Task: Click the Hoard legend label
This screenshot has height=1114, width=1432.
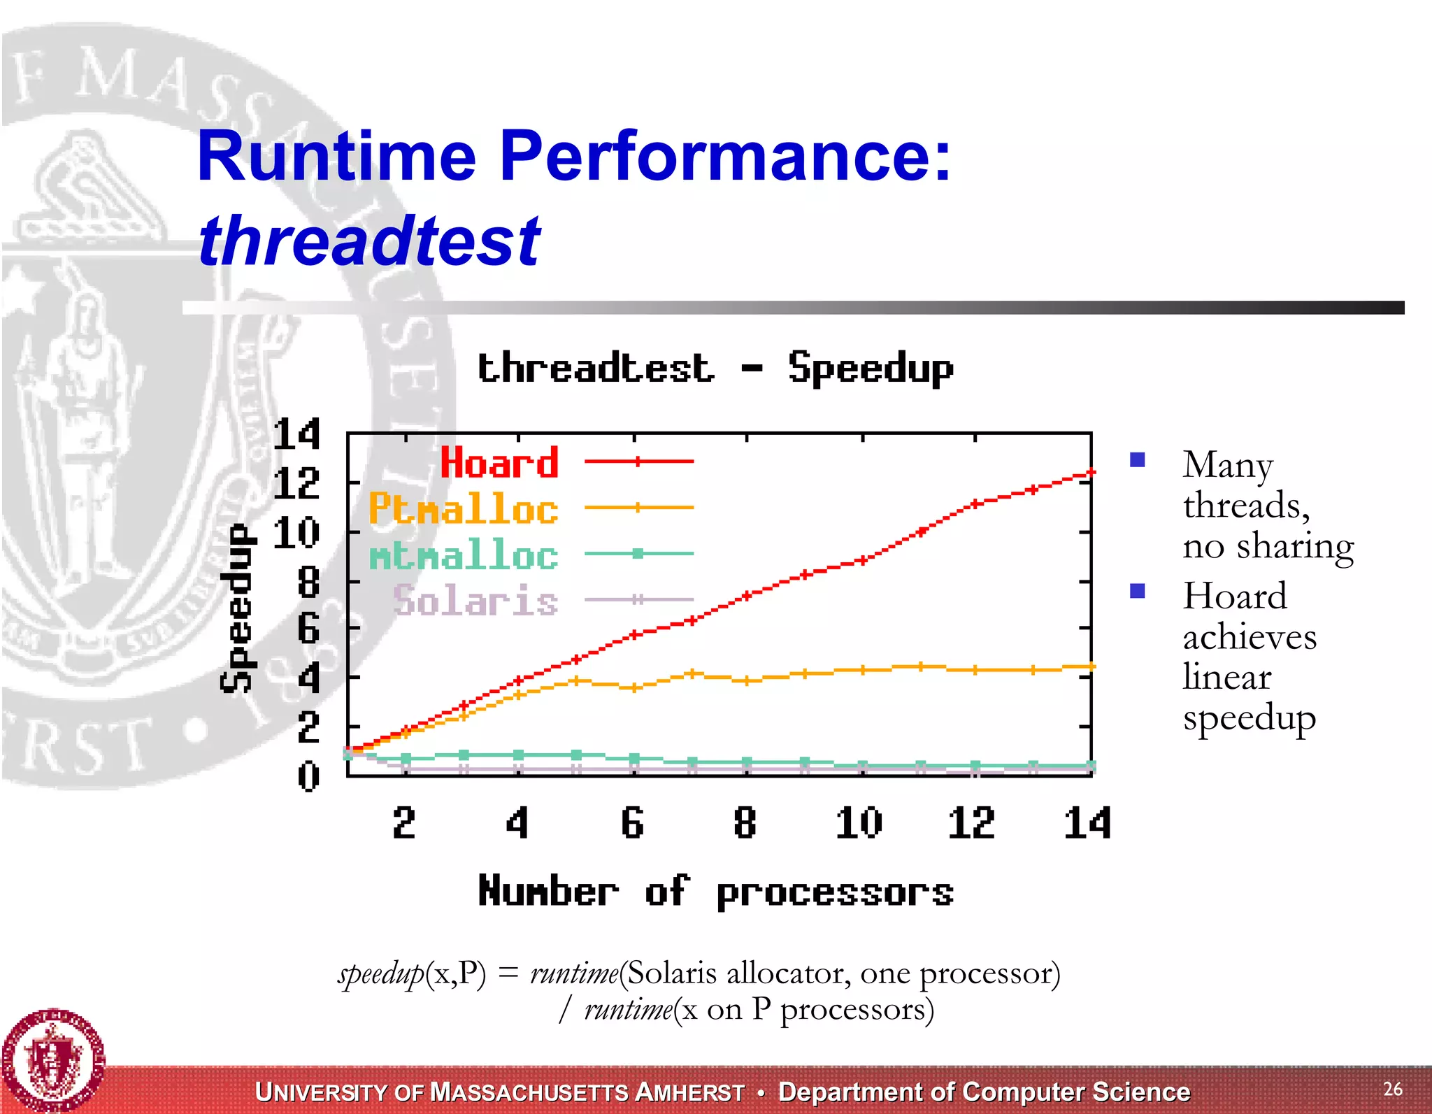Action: click(499, 463)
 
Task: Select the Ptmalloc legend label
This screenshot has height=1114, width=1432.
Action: click(463, 508)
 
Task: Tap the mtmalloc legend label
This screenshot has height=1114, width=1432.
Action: click(463, 555)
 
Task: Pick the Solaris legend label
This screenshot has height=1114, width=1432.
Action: click(475, 601)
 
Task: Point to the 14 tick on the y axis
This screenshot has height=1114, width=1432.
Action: click(296, 434)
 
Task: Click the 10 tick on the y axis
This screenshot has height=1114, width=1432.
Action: click(296, 533)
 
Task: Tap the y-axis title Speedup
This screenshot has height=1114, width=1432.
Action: click(237, 608)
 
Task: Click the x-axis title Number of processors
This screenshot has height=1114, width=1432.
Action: click(715, 892)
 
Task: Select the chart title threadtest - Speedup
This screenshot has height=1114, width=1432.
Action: click(715, 368)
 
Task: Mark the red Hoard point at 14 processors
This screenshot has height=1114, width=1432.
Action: click(1090, 473)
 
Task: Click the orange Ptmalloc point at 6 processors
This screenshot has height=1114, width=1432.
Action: click(633, 687)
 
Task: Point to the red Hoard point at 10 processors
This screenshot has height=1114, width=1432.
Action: click(863, 560)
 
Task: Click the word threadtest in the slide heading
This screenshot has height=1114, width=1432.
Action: click(369, 241)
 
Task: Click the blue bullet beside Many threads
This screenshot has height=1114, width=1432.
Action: click(1138, 459)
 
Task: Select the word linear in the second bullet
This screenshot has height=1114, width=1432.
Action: click(1226, 676)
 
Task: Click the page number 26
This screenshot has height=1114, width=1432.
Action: click(1392, 1089)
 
